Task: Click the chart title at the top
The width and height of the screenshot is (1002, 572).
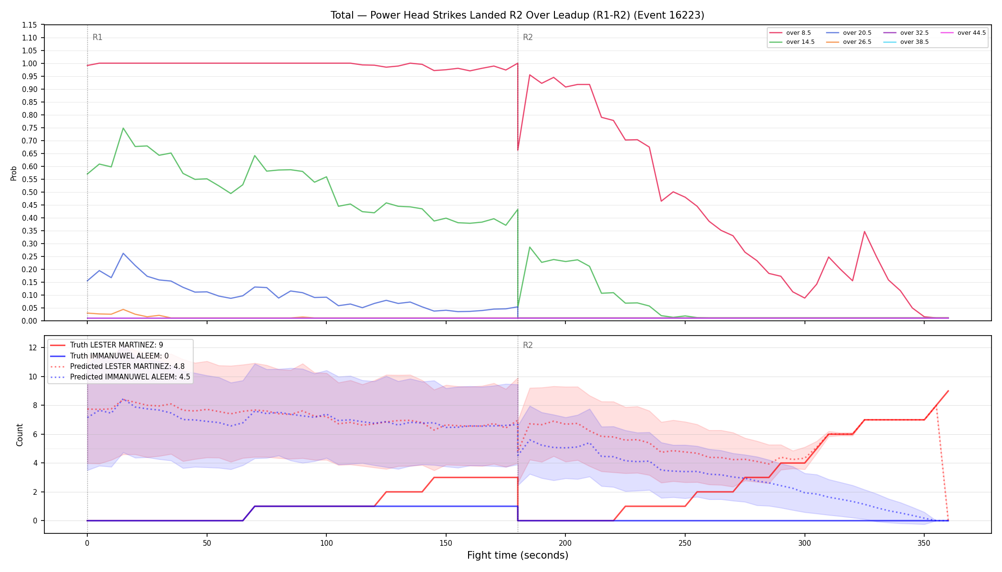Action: coord(517,15)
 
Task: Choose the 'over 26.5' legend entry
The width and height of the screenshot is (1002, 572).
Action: coord(849,42)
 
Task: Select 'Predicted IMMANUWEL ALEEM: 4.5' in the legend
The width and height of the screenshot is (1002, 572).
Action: coord(120,377)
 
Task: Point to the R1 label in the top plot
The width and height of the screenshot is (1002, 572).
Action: coord(97,37)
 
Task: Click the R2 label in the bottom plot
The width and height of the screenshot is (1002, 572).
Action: coord(528,345)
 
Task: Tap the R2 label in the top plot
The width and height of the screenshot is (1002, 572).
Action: coord(528,37)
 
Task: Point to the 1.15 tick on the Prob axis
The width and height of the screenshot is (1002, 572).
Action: coord(30,25)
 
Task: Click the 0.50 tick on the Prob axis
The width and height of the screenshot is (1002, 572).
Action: coord(30,192)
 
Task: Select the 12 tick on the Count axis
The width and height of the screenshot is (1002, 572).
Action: coord(33,347)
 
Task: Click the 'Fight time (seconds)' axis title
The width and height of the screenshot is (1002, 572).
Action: coord(518,555)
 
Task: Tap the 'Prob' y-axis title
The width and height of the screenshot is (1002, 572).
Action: coord(13,173)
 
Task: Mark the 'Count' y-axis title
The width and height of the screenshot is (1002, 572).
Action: coord(20,435)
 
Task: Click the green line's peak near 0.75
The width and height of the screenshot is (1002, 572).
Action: coord(123,128)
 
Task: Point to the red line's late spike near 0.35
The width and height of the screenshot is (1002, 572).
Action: coord(864,232)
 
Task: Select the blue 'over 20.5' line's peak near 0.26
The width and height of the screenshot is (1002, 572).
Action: coord(123,254)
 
